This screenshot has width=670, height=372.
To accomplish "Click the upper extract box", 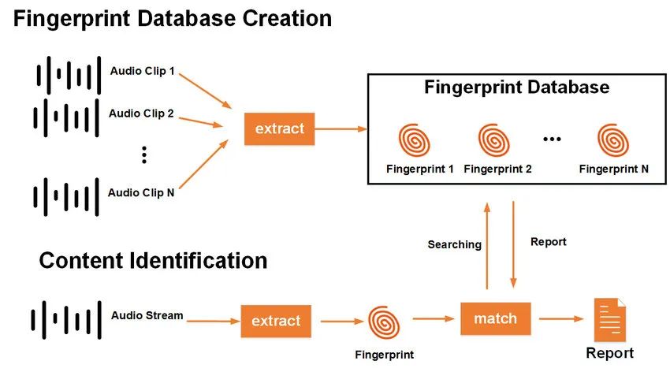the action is coord(280,128).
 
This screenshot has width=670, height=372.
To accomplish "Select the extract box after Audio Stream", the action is coord(276,322).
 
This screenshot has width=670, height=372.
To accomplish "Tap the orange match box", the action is coord(496,318).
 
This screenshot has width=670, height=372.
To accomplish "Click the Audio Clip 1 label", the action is coord(143,71).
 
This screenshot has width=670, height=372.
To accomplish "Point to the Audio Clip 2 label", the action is coord(141,113).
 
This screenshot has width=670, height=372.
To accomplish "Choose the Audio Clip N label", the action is coord(141,193).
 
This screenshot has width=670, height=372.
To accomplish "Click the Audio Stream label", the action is coord(147,315).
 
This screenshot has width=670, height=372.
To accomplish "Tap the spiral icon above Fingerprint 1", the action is coord(414,140).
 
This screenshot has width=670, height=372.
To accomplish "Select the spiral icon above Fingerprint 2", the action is coord(494,140).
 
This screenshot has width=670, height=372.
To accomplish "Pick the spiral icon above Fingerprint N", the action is coord(613,140).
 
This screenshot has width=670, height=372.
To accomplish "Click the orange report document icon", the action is coord(610,319).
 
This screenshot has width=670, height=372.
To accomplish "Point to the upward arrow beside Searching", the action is coord(486,246).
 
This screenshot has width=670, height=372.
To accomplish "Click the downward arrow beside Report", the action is coord(513,244).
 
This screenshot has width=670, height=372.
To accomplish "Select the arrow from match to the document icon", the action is coord(561,318).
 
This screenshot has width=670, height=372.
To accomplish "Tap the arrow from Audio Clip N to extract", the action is coord(204,164).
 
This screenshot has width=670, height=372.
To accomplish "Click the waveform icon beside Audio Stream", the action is coord(66,320).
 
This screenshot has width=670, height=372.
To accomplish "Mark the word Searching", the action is coord(455,245).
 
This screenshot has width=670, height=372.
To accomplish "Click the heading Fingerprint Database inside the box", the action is coord(516,87).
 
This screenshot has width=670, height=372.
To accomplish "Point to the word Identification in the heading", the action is coord(198,261).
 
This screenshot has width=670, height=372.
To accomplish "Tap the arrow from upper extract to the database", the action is coord(341,128).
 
